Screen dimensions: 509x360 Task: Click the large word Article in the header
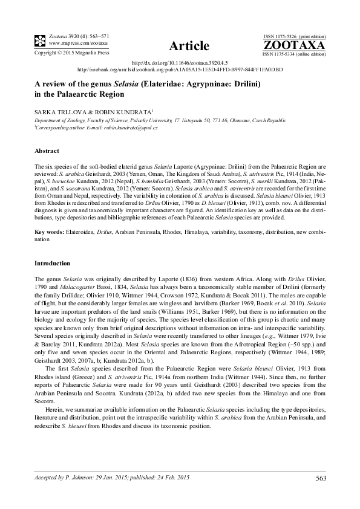click(x=190, y=46)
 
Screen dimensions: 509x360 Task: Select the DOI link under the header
click(x=179, y=62)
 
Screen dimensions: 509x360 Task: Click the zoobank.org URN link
click(x=179, y=69)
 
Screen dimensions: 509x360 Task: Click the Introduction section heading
click(x=53, y=264)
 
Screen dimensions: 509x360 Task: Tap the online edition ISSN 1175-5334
click(x=283, y=54)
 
